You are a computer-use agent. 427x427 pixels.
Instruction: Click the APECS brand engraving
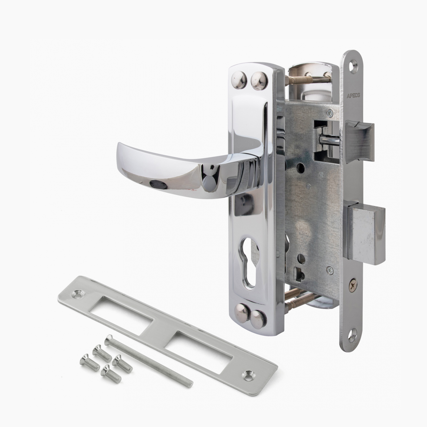point(353,95)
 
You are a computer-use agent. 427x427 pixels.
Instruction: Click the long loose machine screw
point(149,360)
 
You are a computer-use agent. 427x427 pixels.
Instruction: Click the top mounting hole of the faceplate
point(354,66)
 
